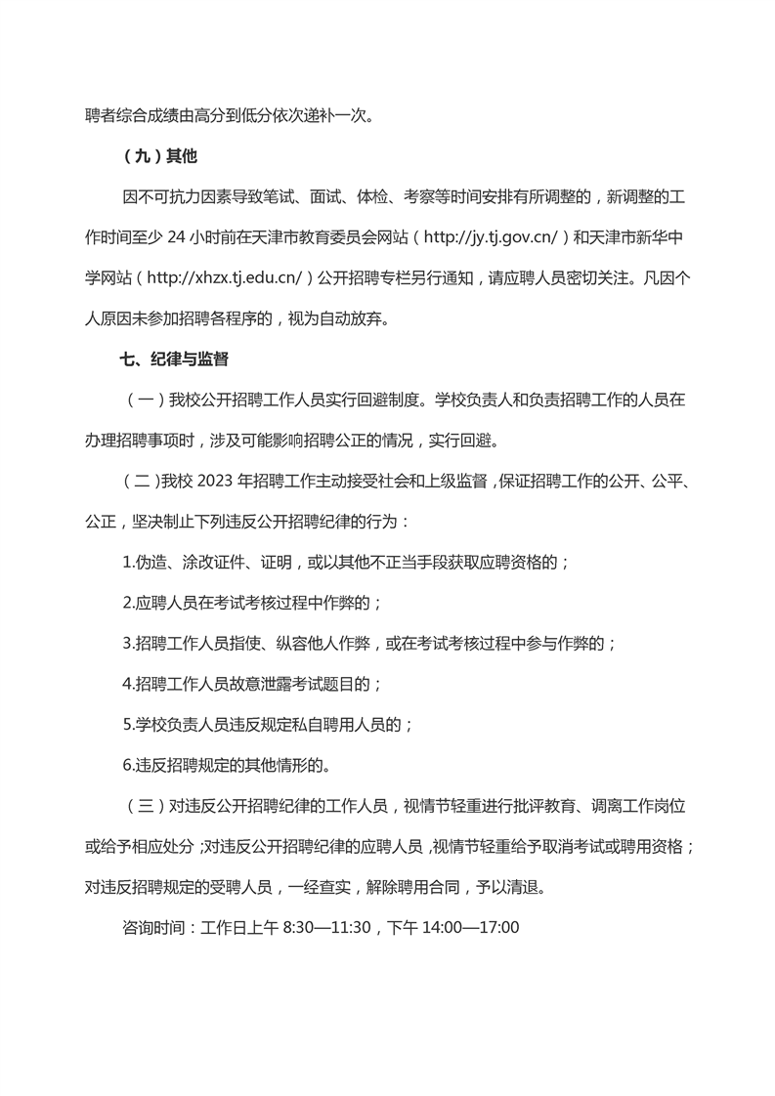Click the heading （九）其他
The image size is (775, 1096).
click(161, 156)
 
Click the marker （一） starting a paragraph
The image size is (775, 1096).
click(142, 400)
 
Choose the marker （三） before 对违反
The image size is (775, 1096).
click(142, 806)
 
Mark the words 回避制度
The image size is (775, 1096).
click(390, 400)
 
